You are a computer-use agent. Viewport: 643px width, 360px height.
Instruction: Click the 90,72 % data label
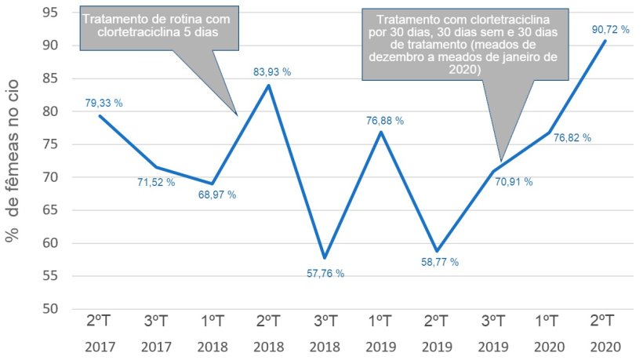(x=608, y=29)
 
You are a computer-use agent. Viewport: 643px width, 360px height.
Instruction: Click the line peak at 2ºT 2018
(x=269, y=85)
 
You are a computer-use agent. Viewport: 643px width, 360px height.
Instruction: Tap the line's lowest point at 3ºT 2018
(x=325, y=257)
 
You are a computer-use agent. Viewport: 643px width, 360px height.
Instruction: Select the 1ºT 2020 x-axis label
(x=547, y=333)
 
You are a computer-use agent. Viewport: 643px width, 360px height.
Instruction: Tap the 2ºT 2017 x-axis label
(x=100, y=333)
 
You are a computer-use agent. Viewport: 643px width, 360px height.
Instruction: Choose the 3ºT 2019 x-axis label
(x=491, y=333)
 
